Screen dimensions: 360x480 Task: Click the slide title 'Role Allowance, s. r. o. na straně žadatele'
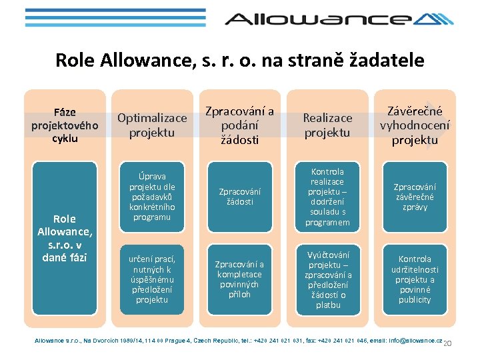pyautogui.click(x=240, y=60)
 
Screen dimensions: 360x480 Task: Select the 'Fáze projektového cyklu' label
pyautogui.click(x=65, y=125)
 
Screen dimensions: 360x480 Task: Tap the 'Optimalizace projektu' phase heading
pyautogui.click(x=152, y=125)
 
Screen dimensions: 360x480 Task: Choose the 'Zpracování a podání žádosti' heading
pyautogui.click(x=239, y=125)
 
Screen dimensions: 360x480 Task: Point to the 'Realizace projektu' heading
pyautogui.click(x=327, y=125)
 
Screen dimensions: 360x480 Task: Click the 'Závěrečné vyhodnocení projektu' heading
pyautogui.click(x=415, y=125)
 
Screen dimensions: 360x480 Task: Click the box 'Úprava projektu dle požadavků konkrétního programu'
pyautogui.click(x=152, y=197)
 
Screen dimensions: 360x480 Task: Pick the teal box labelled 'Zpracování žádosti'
pyautogui.click(x=240, y=197)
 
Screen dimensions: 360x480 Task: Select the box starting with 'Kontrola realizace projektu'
pyautogui.click(x=327, y=197)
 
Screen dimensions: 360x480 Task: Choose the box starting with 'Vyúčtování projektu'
pyautogui.click(x=327, y=279)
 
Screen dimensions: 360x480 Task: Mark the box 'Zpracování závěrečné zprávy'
pyautogui.click(x=415, y=197)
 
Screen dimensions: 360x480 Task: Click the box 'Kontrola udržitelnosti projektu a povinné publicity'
pyautogui.click(x=415, y=279)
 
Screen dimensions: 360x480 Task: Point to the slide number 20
pyautogui.click(x=448, y=343)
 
